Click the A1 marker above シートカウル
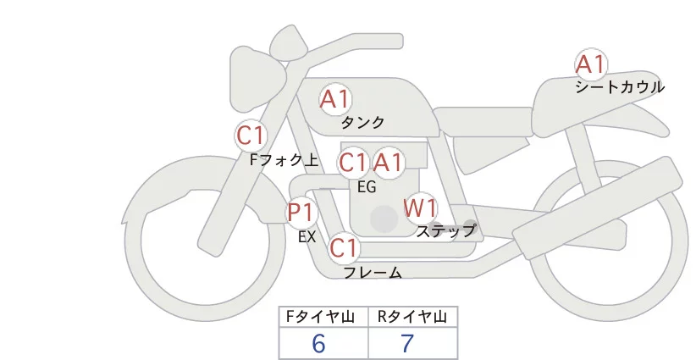(x=590, y=64)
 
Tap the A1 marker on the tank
(x=335, y=99)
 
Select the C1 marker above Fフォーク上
(x=251, y=135)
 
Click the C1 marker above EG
(x=353, y=162)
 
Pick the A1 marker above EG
(x=389, y=162)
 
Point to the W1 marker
(x=420, y=207)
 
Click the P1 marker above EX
(x=301, y=212)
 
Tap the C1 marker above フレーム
(x=345, y=248)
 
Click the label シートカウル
(x=619, y=87)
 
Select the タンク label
(x=362, y=123)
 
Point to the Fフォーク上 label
(x=284, y=158)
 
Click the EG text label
(x=367, y=186)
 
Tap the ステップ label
(x=446, y=230)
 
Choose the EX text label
(x=307, y=237)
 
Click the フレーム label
(x=372, y=273)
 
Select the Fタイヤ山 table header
(x=323, y=317)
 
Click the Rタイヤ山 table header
(x=412, y=317)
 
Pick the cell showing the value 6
(x=318, y=343)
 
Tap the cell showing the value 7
(x=407, y=343)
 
